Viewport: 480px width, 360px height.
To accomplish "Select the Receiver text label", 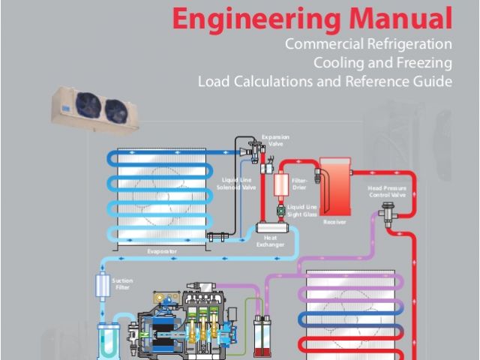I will [334, 223].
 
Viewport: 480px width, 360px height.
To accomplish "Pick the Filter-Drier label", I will [299, 182].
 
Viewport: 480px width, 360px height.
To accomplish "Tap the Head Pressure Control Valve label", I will [387, 191].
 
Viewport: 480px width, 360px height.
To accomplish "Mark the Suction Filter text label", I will [122, 283].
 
